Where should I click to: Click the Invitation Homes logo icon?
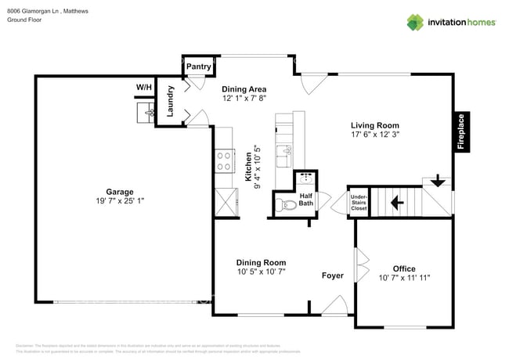[x=415, y=22]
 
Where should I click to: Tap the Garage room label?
[x=120, y=192]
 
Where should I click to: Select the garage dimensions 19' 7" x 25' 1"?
[x=120, y=201]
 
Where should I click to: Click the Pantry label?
[x=198, y=67]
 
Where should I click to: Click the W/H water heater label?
[x=144, y=87]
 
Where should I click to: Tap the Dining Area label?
[x=244, y=89]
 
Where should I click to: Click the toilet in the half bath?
[x=286, y=206]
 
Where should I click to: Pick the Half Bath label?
[x=305, y=200]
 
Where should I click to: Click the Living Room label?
[x=374, y=125]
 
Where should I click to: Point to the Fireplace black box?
[x=461, y=131]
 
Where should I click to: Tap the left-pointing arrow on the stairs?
[x=396, y=203]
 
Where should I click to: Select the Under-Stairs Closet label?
[x=359, y=203]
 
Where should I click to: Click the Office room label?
[x=404, y=268]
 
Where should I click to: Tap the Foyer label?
[x=333, y=275]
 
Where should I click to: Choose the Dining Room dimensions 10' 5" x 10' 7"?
[x=262, y=272]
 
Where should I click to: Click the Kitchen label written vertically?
[x=248, y=167]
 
